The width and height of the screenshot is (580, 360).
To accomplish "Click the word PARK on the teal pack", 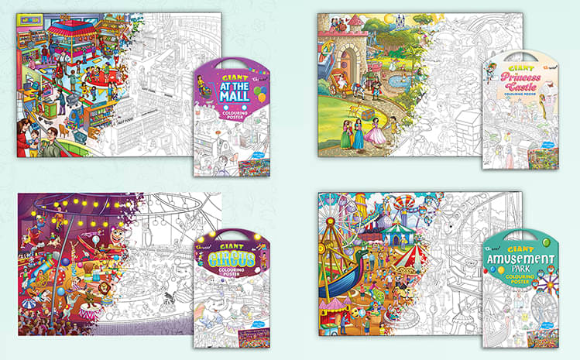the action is coord(520,273).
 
